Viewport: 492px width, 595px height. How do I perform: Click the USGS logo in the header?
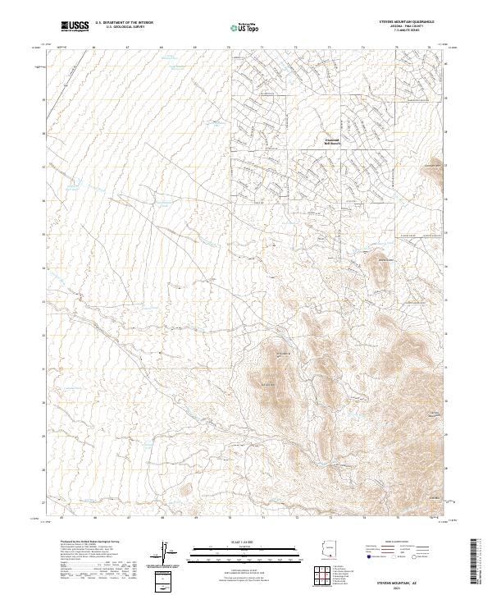point(75,27)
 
